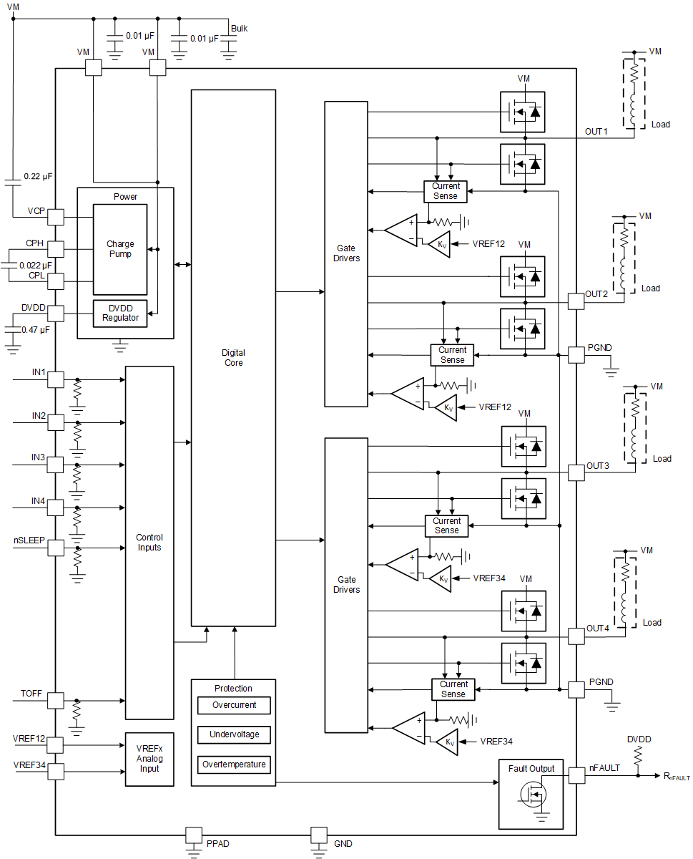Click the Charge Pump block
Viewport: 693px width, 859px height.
tap(119, 249)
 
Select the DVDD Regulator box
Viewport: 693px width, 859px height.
tap(120, 313)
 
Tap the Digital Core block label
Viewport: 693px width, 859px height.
tap(233, 358)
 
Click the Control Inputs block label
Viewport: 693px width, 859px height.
tap(149, 543)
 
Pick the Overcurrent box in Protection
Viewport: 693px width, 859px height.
tap(233, 705)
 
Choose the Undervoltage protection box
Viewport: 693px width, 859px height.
tap(233, 734)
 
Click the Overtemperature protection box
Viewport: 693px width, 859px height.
tap(233, 765)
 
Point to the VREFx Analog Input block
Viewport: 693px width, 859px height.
tap(149, 759)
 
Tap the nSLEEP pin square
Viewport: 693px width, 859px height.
tap(56, 548)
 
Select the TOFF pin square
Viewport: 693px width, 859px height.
tap(56, 700)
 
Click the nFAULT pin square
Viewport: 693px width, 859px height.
tap(576, 775)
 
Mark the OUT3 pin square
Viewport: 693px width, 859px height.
tap(576, 472)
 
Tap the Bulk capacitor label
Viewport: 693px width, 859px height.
tap(239, 29)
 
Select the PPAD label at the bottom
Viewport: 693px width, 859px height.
tap(218, 844)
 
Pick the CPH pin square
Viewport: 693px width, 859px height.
tap(56, 249)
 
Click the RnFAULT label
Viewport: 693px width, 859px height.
tap(676, 776)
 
